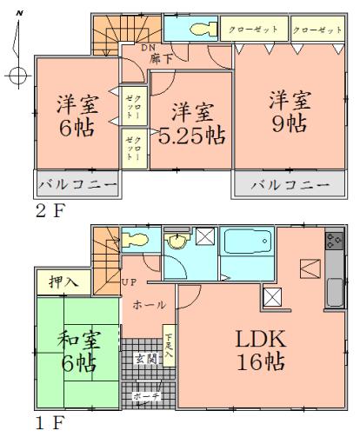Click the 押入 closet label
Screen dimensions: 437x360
(55, 281)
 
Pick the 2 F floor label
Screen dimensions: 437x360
(49, 209)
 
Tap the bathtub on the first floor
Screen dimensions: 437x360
(248, 241)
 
